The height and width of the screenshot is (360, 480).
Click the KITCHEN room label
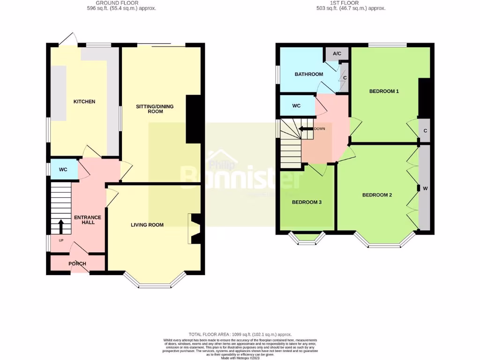point(84,102)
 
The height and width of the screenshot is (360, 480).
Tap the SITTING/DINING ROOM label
point(155,109)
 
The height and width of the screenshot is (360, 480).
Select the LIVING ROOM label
point(147,225)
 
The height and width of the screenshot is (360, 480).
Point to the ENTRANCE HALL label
point(88,219)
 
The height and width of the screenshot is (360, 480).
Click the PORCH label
point(77,263)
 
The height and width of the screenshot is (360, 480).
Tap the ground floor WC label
point(64,170)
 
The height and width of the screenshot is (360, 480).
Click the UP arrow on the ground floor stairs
point(60,226)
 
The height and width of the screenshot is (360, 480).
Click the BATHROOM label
point(309,74)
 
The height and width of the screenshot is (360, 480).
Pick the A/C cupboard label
point(337,54)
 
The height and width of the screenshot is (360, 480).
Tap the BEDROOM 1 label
point(384,91)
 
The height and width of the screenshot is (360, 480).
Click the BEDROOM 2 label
point(377,195)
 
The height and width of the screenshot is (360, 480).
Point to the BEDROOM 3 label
point(307,202)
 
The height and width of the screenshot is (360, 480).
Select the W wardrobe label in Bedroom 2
point(425,188)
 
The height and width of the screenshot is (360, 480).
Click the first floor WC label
point(296,106)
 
